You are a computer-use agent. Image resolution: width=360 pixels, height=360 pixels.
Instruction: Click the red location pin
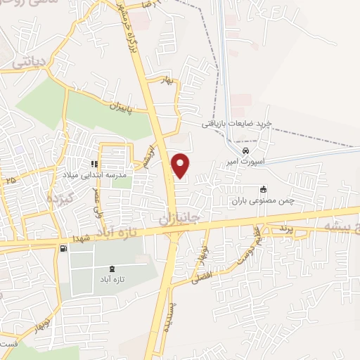click(181, 165)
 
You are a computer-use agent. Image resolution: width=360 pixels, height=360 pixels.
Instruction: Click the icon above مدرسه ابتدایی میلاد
click(95, 164)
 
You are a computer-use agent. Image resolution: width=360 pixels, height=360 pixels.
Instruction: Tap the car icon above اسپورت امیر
click(245, 151)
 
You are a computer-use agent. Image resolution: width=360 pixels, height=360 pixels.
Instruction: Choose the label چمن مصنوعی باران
click(263, 200)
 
